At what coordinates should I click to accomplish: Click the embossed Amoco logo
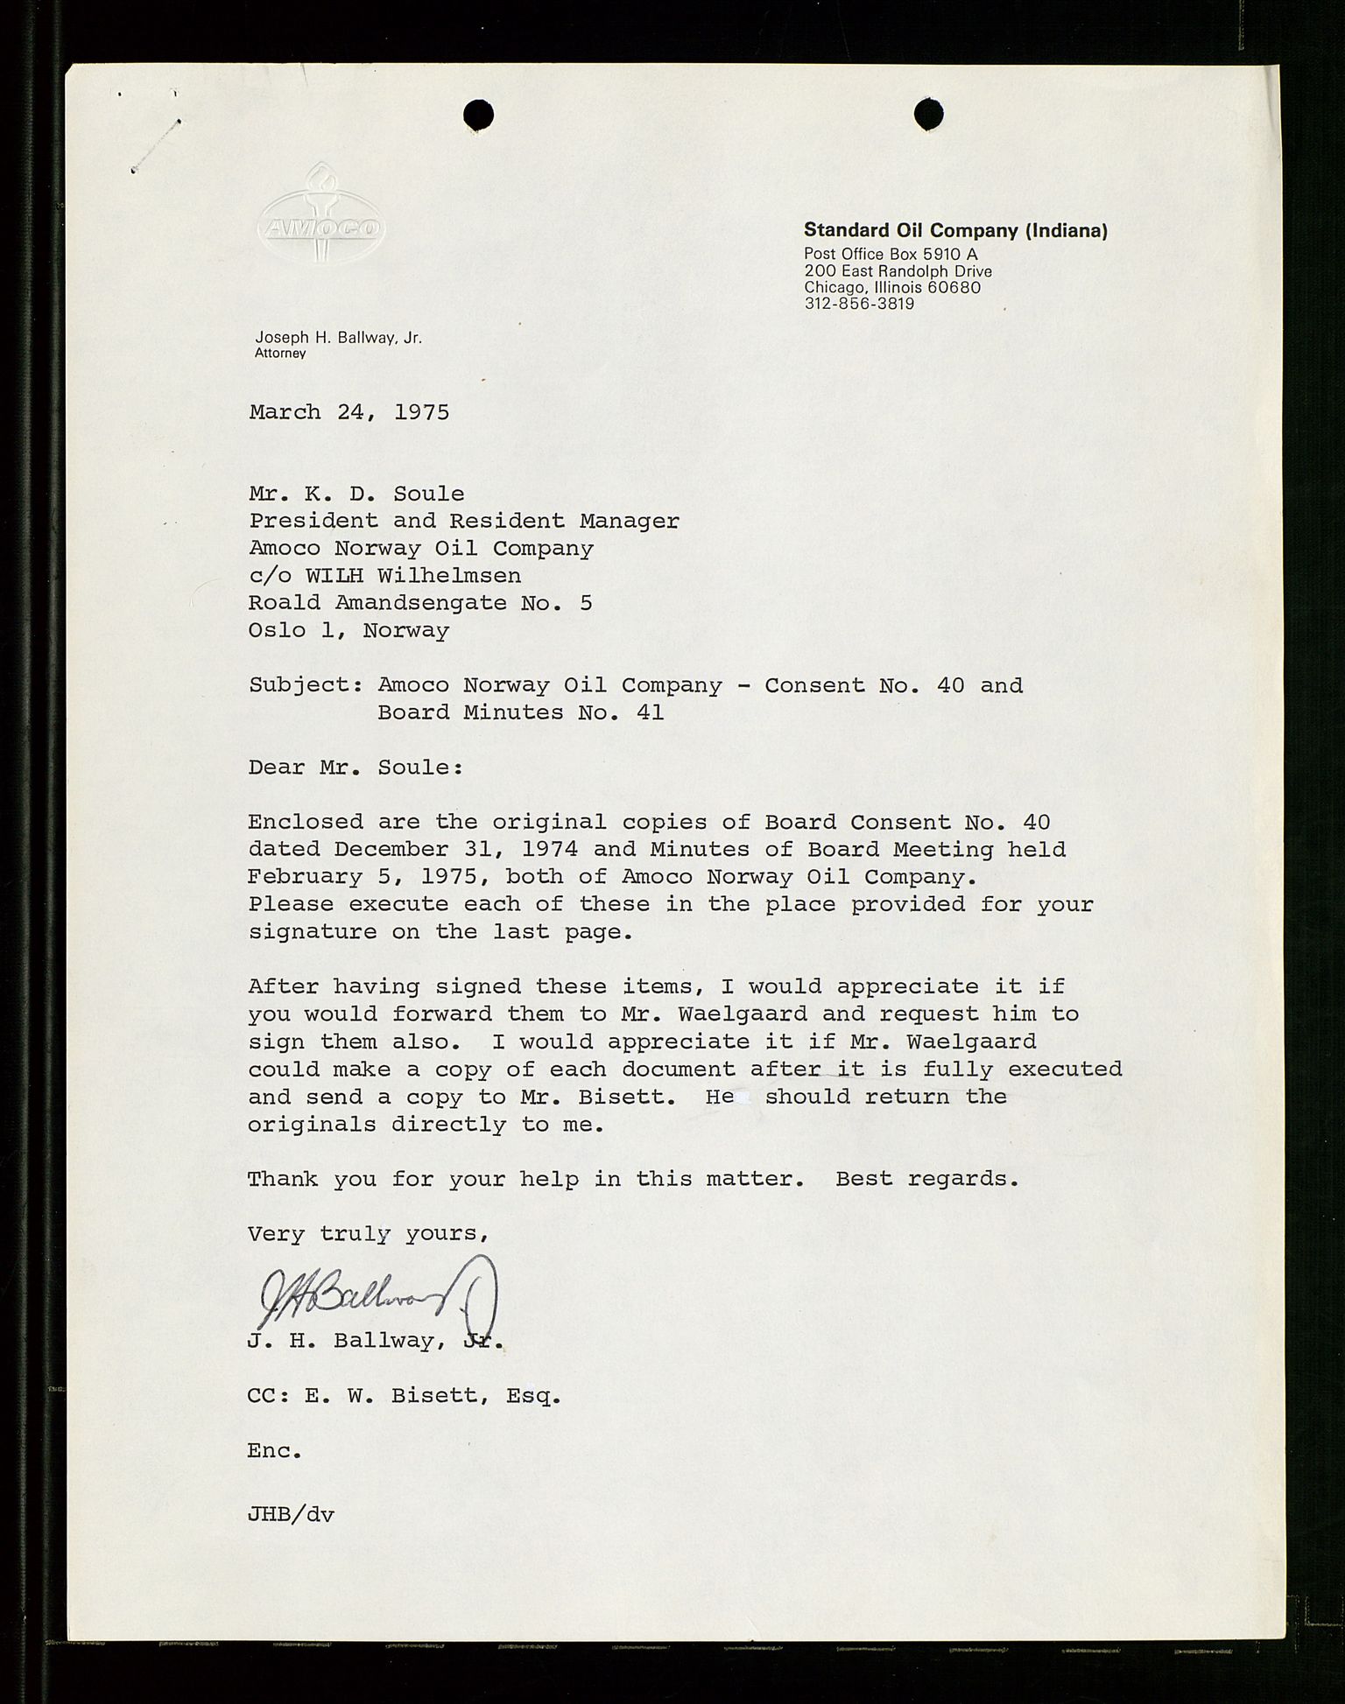pos(320,219)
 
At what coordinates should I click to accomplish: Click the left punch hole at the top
pos(479,115)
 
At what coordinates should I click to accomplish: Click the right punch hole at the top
pos(928,114)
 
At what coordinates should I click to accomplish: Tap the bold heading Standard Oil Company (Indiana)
pos(955,231)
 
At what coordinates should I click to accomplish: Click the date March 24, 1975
pos(349,412)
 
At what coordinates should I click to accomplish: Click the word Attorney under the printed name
pos(280,354)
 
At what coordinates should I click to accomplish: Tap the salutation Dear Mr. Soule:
pos(356,768)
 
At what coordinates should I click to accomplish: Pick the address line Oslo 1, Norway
pos(349,630)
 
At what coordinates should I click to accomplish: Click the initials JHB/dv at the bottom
pos(291,1513)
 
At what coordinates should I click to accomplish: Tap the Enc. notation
pos(274,1451)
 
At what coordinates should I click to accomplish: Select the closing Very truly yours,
pos(367,1234)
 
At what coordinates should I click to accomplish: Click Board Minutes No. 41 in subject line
pos(520,712)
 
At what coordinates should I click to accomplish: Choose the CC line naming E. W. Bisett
pos(404,1396)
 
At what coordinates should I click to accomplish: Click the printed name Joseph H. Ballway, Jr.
pos(338,338)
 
